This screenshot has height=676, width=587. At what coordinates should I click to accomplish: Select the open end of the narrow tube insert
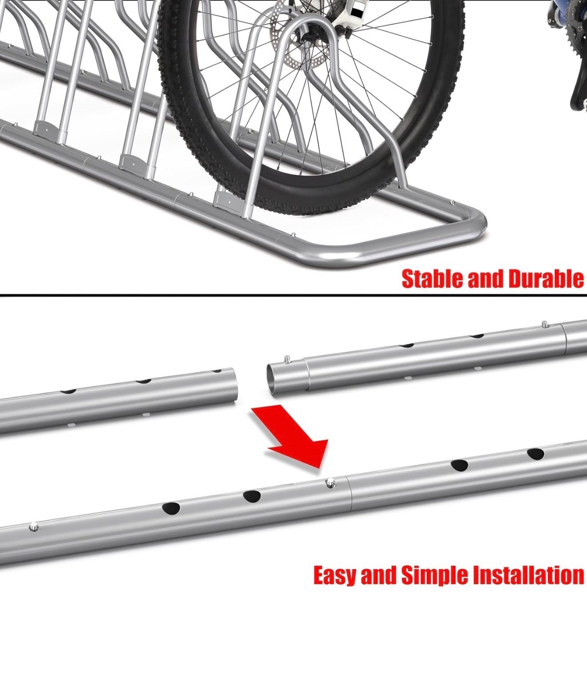point(272,378)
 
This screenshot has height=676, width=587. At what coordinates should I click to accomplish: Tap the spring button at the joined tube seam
point(329,484)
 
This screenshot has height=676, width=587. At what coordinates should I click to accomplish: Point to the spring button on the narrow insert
point(287,359)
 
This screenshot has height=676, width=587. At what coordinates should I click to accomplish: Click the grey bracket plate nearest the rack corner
point(229,200)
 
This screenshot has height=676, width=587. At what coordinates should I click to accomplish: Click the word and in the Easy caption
point(379,576)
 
